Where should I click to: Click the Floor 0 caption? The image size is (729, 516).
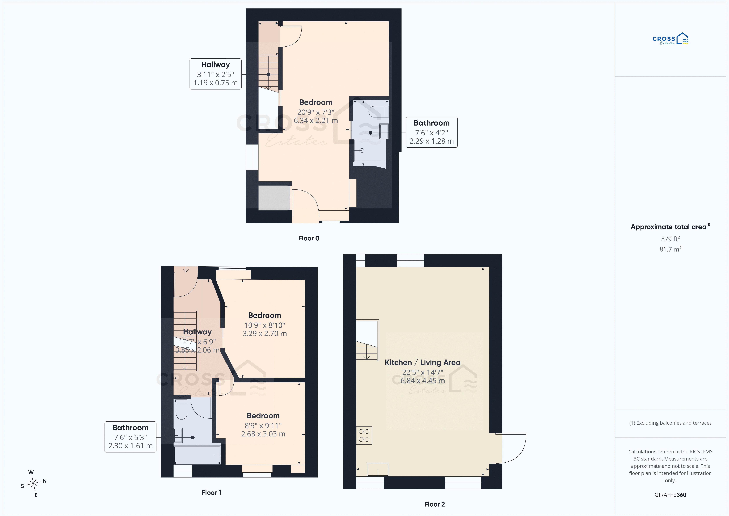309,238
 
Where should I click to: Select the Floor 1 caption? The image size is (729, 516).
211,492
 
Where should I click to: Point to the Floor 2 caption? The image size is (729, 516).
434,504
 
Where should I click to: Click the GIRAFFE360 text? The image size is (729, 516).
670,495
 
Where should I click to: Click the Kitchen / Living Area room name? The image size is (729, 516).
422,362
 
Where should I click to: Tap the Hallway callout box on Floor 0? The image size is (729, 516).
216,74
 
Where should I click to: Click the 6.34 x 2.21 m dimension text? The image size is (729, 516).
316,120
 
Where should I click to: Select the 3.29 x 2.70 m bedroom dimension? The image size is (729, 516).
264,334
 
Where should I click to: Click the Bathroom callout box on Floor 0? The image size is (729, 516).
431,132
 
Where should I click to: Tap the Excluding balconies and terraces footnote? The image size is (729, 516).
670,423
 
